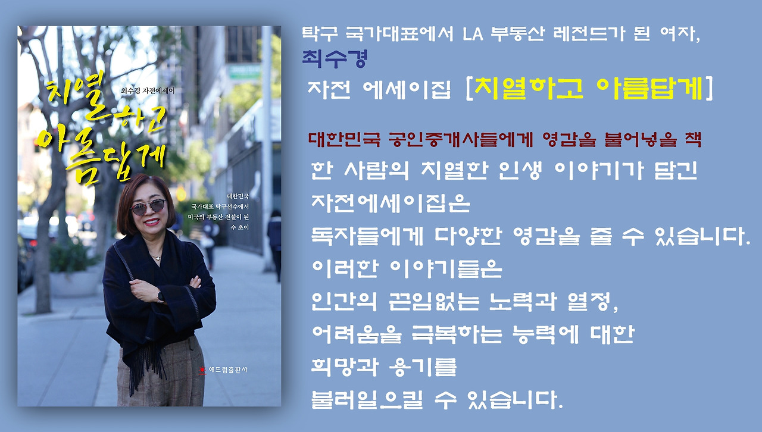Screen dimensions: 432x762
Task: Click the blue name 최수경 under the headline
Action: point(334,58)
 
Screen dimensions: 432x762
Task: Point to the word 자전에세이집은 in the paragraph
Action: point(391,205)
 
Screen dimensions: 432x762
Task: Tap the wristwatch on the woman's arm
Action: point(160,297)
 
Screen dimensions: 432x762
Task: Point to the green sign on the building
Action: point(244,71)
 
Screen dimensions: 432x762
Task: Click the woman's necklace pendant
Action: point(156,257)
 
